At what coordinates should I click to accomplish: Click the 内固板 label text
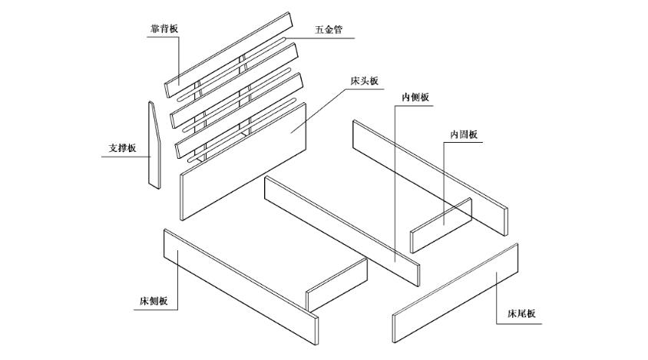point(464,134)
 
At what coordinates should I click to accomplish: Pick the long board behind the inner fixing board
point(430,173)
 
